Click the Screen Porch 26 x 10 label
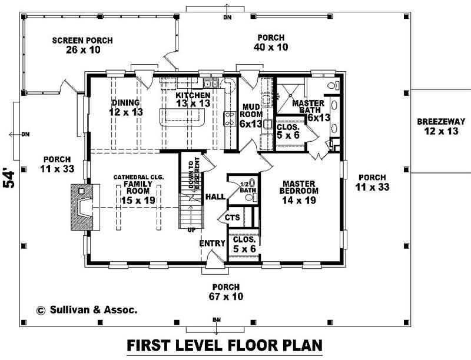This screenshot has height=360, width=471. pyautogui.click(x=82, y=45)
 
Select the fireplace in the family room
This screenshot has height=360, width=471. pyautogui.click(x=82, y=208)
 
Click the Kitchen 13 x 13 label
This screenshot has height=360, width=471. pyautogui.click(x=193, y=99)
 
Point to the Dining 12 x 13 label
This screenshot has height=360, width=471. pyautogui.click(x=127, y=107)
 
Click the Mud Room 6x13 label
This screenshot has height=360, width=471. pyautogui.click(x=251, y=115)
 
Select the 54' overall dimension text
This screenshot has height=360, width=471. pyautogui.click(x=9, y=178)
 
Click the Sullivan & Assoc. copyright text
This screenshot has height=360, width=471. pyautogui.click(x=87, y=309)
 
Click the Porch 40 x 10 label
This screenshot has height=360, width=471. pyautogui.click(x=271, y=42)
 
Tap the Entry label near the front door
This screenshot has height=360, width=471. pyautogui.click(x=213, y=243)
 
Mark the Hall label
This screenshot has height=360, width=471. pyautogui.click(x=215, y=196)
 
